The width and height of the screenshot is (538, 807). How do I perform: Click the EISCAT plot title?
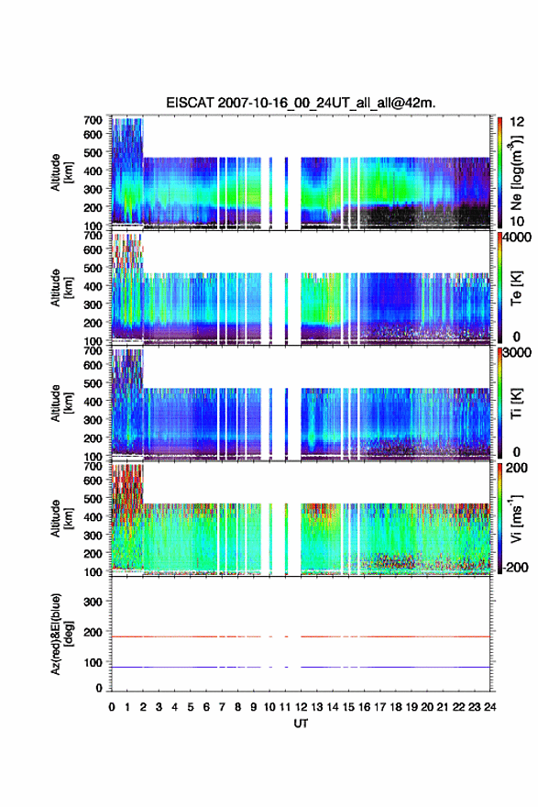click(301, 103)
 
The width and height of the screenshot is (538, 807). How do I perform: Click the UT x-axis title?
click(301, 724)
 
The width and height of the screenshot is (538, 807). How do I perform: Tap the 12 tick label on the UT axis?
click(301, 707)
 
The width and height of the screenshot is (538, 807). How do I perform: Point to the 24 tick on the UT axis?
click(489, 707)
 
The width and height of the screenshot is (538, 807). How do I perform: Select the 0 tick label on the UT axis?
click(112, 707)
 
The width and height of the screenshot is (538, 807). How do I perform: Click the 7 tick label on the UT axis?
click(222, 707)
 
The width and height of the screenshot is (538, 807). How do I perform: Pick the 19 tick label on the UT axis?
click(411, 707)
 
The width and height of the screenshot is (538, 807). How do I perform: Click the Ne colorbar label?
click(516, 172)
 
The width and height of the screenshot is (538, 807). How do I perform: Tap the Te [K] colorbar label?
click(516, 288)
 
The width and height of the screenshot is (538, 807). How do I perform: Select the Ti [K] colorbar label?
click(516, 403)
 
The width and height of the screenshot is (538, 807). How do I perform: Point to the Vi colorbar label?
click(516, 519)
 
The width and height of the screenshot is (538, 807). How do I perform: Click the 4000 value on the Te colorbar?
click(518, 238)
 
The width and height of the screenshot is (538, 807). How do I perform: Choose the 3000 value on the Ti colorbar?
click(518, 352)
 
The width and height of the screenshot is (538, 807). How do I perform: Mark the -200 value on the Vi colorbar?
click(515, 567)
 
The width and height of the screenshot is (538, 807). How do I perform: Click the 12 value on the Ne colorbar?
click(518, 122)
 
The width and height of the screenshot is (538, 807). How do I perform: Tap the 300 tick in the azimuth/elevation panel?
click(93, 602)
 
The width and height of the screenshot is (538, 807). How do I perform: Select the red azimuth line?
click(301, 636)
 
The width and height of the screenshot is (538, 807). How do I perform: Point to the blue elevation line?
click(301, 667)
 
